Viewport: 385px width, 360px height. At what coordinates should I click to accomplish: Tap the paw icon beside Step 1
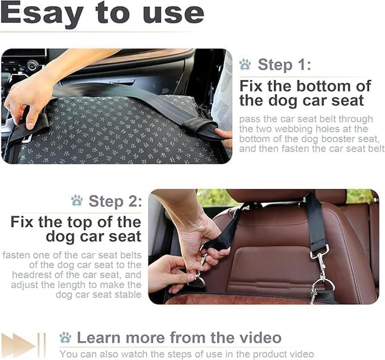click(x=245, y=64)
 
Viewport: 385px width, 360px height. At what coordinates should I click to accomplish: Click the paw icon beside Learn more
click(x=65, y=337)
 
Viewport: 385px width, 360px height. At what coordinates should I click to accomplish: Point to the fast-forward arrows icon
click(x=22, y=346)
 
